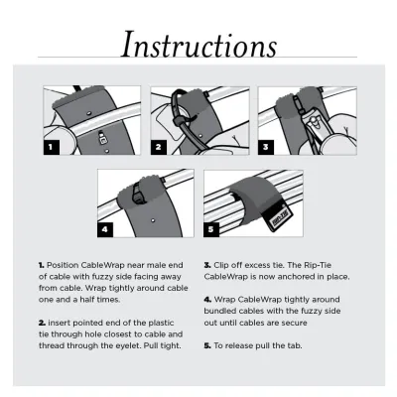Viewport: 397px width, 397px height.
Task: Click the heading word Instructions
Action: (198, 44)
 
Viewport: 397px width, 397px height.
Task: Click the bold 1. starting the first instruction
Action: (42, 266)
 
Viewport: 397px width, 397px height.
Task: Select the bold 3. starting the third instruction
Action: (207, 266)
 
